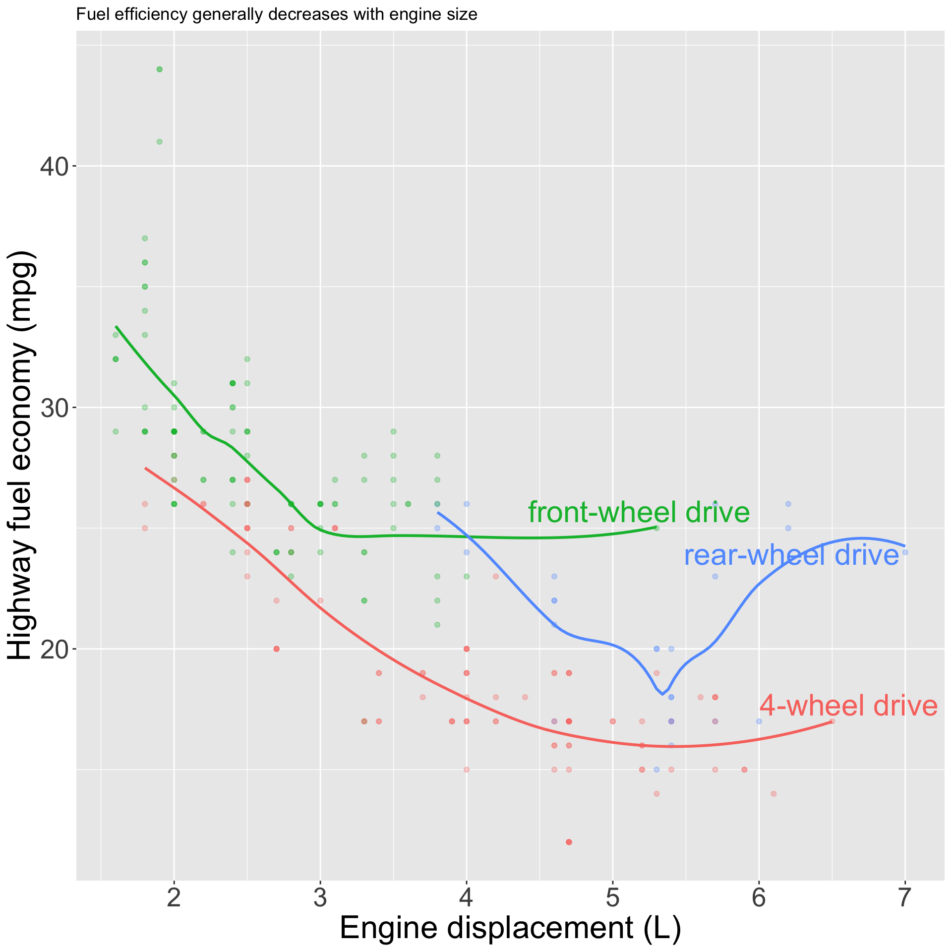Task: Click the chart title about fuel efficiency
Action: click(277, 15)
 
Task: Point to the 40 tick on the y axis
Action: click(54, 166)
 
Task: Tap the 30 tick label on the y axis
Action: click(54, 408)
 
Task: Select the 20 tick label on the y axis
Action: click(54, 649)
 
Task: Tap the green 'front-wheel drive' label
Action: click(639, 512)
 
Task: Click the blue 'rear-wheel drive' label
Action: click(791, 555)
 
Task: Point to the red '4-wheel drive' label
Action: click(848, 706)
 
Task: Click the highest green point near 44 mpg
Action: click(159, 69)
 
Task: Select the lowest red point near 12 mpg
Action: click(569, 842)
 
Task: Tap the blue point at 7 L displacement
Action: click(905, 552)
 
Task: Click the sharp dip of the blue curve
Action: click(662, 694)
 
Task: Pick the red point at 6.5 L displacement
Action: click(832, 721)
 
